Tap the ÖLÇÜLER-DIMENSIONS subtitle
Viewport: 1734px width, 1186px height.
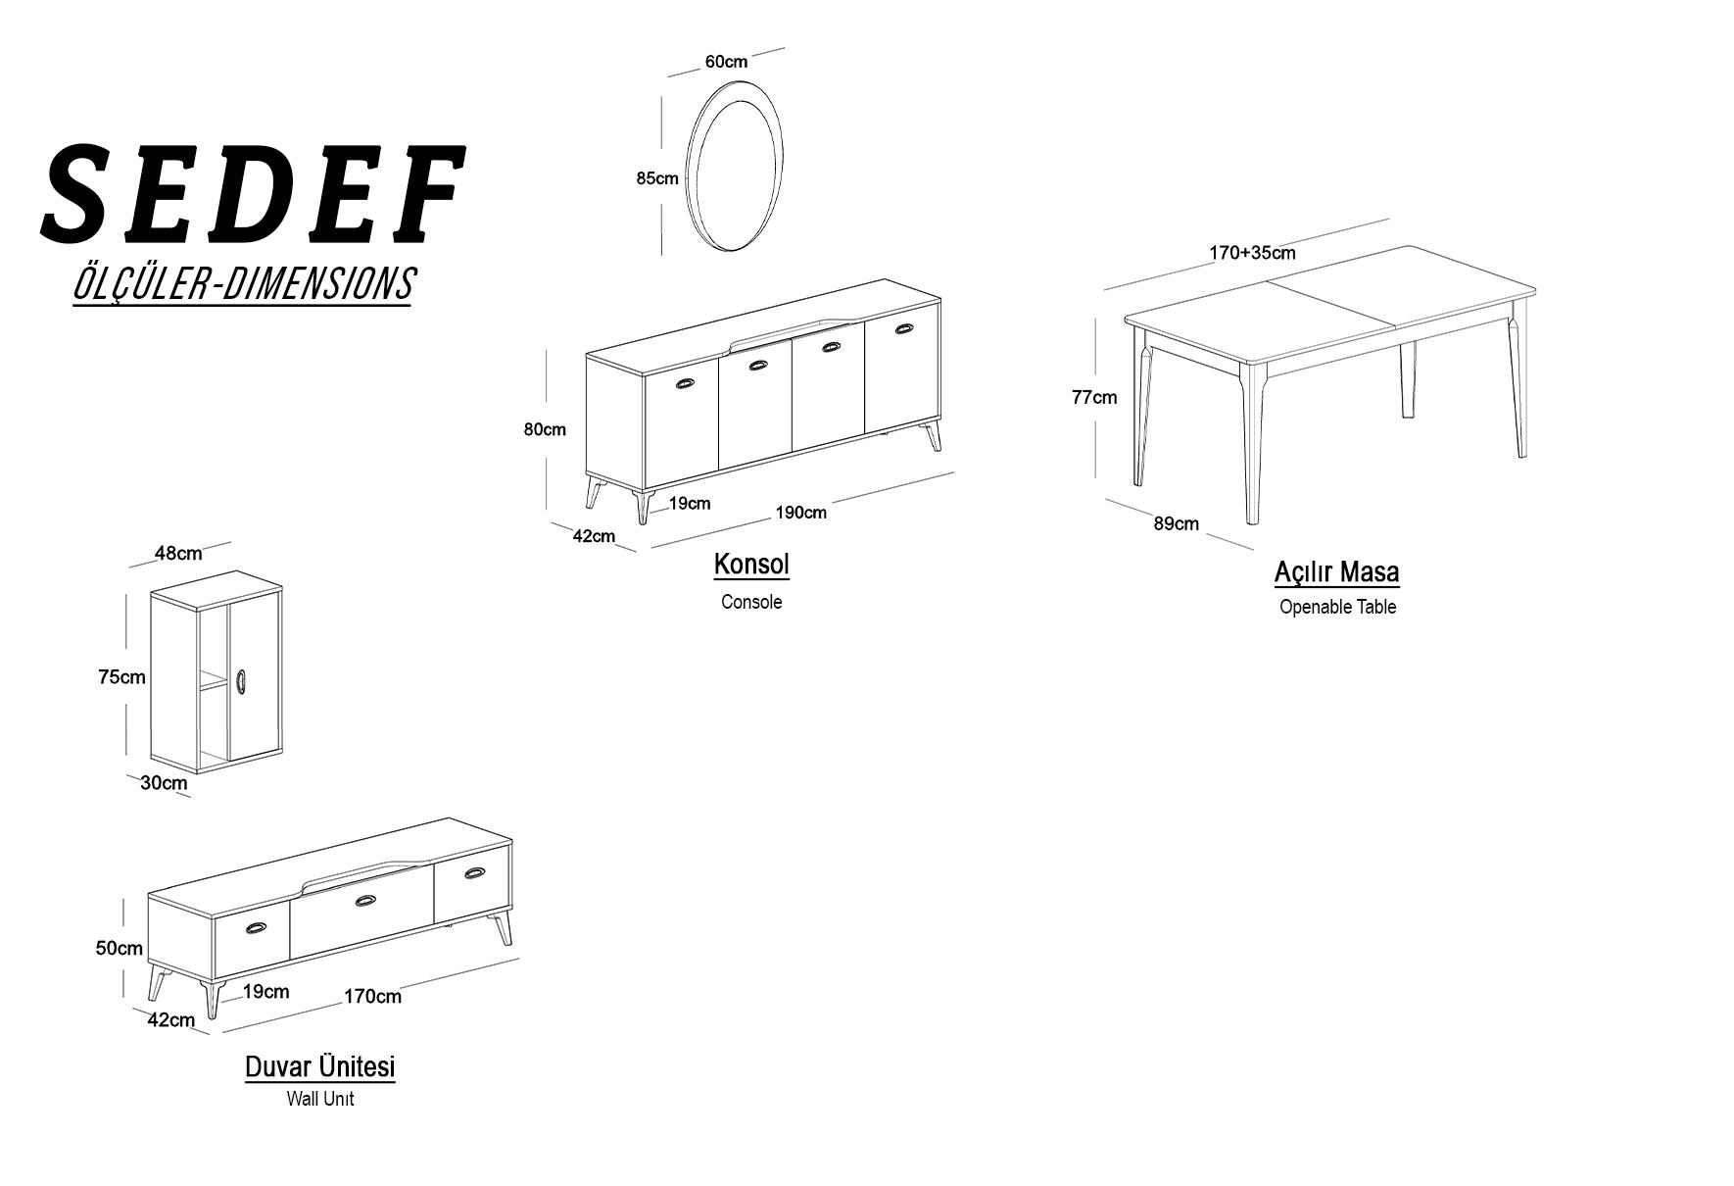pyautogui.click(x=244, y=284)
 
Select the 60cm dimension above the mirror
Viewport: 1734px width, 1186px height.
pyautogui.click(x=726, y=62)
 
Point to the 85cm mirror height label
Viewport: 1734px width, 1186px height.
pyautogui.click(x=657, y=178)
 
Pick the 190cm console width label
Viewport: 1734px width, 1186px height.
pyautogui.click(x=801, y=513)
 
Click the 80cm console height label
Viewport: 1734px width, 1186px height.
pyautogui.click(x=545, y=429)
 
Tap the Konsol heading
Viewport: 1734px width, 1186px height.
pyautogui.click(x=751, y=565)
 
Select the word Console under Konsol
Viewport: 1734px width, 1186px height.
pyautogui.click(x=751, y=602)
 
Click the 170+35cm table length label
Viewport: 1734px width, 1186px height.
pyautogui.click(x=1252, y=253)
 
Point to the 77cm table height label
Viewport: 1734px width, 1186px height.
pyautogui.click(x=1094, y=397)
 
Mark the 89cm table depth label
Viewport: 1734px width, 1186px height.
pyautogui.click(x=1176, y=523)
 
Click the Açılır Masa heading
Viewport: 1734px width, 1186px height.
pyautogui.click(x=1337, y=571)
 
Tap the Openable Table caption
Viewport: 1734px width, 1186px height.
pyautogui.click(x=1337, y=607)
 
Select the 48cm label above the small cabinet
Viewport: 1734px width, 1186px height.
pyautogui.click(x=178, y=553)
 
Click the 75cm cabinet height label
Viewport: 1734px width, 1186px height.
pyautogui.click(x=121, y=676)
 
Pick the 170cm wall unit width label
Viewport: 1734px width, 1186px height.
pyautogui.click(x=372, y=997)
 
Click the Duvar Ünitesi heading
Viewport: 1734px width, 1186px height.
pyautogui.click(x=320, y=1066)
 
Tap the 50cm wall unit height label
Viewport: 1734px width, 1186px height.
pyautogui.click(x=120, y=948)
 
